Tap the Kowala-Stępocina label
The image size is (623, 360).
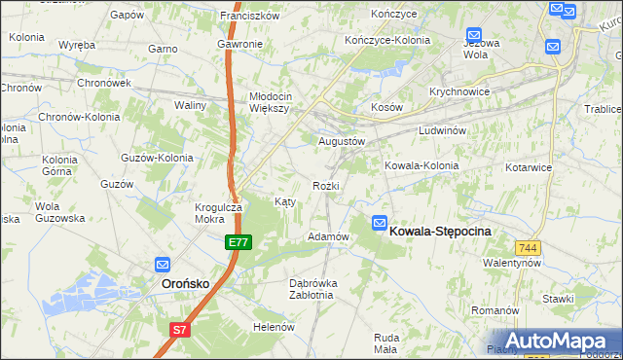(440, 231)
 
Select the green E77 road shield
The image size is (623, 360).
(238, 241)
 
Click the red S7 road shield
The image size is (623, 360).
(180, 331)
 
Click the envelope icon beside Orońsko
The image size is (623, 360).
(163, 264)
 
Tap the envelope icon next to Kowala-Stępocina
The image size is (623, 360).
(379, 223)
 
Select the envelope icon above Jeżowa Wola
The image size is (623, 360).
(472, 33)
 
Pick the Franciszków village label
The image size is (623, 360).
(250, 16)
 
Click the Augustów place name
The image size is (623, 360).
(342, 141)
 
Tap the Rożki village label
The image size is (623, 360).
(325, 185)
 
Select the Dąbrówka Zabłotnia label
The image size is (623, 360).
(312, 289)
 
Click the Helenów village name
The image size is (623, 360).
(274, 327)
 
